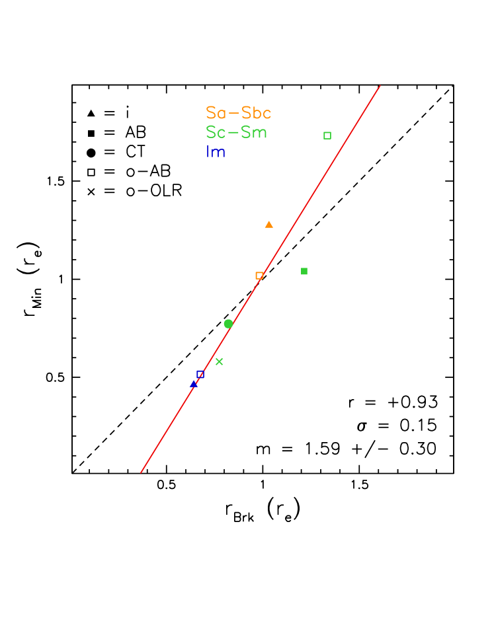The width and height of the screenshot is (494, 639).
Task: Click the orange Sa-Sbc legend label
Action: click(238, 113)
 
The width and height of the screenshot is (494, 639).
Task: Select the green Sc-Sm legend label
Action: click(236, 132)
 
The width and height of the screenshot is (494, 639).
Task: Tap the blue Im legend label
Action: click(216, 152)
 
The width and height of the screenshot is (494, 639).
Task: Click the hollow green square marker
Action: click(327, 135)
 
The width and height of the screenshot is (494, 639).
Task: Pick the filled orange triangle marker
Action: click(268, 225)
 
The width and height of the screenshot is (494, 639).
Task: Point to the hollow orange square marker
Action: click(259, 276)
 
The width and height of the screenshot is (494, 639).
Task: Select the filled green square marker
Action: click(304, 271)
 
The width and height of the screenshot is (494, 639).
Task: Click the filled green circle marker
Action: click(228, 324)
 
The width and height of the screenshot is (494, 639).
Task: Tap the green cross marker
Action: click(220, 361)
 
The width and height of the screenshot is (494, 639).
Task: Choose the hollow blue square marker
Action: click(200, 374)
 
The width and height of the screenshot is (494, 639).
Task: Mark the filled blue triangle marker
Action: click(194, 383)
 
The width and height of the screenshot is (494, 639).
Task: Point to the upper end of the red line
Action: click(380, 85)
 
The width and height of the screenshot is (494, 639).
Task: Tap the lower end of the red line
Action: click(141, 472)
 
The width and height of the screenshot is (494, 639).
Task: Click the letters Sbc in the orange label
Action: click(257, 113)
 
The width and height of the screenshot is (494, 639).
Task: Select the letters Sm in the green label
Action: click(254, 132)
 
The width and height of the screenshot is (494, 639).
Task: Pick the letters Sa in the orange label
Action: click(215, 113)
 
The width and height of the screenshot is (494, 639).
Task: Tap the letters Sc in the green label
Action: click(215, 132)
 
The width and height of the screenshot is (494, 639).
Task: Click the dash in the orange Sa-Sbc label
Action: click(233, 114)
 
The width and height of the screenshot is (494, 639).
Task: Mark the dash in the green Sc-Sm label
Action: click(232, 133)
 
